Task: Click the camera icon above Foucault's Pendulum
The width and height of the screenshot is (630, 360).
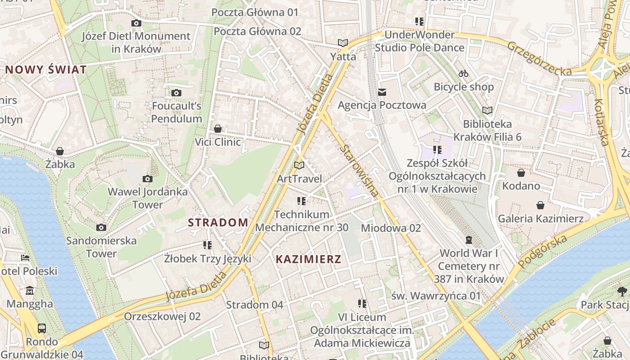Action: [176, 93]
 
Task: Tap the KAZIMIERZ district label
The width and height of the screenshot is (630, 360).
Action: [308, 259]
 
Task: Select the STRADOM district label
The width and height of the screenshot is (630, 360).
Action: [218, 222]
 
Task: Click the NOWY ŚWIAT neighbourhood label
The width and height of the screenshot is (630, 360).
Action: [45, 70]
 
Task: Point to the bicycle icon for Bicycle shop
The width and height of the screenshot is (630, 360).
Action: [463, 73]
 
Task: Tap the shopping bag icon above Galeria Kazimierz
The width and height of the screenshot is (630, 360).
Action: [540, 205]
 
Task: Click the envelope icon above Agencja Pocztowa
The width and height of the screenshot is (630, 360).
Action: [382, 92]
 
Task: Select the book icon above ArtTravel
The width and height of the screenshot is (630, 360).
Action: [299, 165]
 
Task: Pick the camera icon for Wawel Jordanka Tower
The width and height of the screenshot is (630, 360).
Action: [147, 179]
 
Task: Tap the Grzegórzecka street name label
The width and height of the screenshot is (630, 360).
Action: [540, 58]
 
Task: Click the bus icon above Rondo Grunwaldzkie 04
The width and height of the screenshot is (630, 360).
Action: [42, 328]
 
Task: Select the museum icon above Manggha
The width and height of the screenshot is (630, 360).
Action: [30, 290]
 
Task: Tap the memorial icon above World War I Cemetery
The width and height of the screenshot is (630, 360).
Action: [469, 240]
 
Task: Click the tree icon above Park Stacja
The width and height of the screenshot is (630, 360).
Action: [622, 291]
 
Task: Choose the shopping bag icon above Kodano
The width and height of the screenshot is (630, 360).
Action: [521, 173]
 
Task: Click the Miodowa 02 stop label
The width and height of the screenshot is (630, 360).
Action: [391, 228]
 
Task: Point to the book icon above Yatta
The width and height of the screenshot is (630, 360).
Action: [343, 43]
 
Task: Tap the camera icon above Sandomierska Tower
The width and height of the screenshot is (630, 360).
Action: [101, 227]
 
